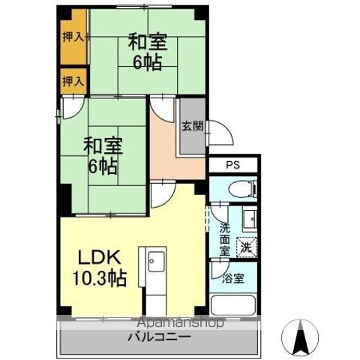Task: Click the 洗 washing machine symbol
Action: coord(245,245)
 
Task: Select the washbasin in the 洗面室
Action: coord(251,220)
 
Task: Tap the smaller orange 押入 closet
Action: coord(73,80)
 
